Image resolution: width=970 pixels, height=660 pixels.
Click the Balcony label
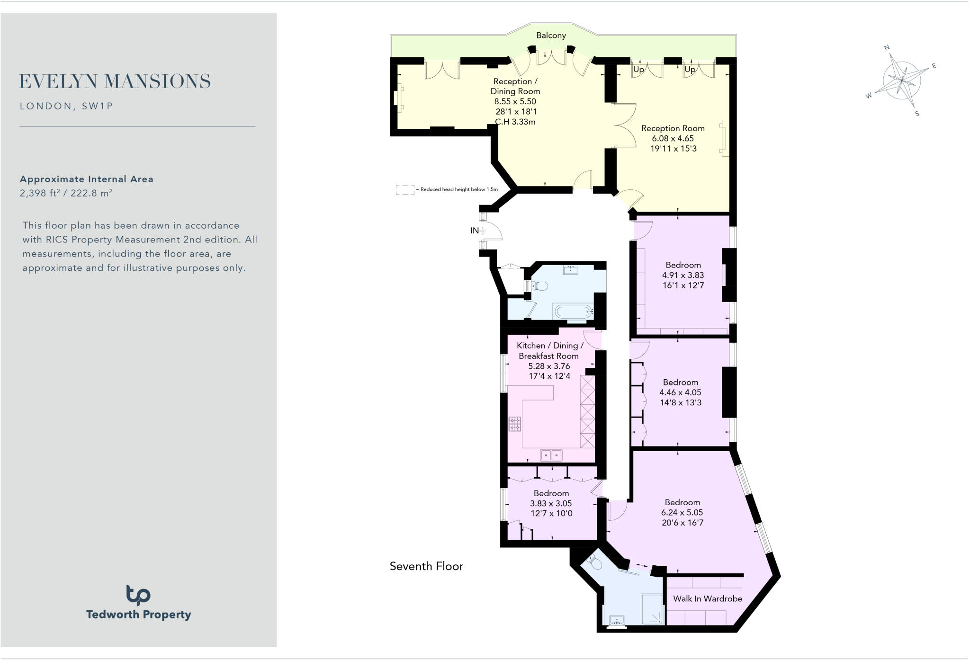click(551, 36)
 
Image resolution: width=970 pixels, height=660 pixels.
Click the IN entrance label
click(474, 231)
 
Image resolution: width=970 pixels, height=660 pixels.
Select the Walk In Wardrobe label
click(707, 599)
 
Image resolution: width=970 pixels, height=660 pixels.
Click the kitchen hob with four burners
click(515, 424)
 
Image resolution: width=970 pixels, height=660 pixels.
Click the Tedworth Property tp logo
click(138, 595)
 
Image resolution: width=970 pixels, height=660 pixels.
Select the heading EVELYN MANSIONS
click(115, 81)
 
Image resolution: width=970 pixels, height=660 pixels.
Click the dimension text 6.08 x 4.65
click(673, 139)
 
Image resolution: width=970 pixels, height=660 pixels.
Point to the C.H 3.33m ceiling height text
click(515, 122)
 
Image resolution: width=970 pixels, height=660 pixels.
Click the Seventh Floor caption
click(426, 566)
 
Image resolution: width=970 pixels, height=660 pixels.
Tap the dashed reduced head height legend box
click(405, 190)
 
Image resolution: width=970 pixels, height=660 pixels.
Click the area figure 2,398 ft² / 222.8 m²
click(66, 193)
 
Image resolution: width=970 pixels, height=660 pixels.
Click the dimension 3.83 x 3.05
click(551, 503)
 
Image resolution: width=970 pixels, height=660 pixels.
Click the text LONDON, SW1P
click(67, 106)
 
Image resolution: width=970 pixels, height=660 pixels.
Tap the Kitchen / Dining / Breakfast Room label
click(549, 351)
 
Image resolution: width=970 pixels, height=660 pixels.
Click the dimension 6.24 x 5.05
click(682, 513)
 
